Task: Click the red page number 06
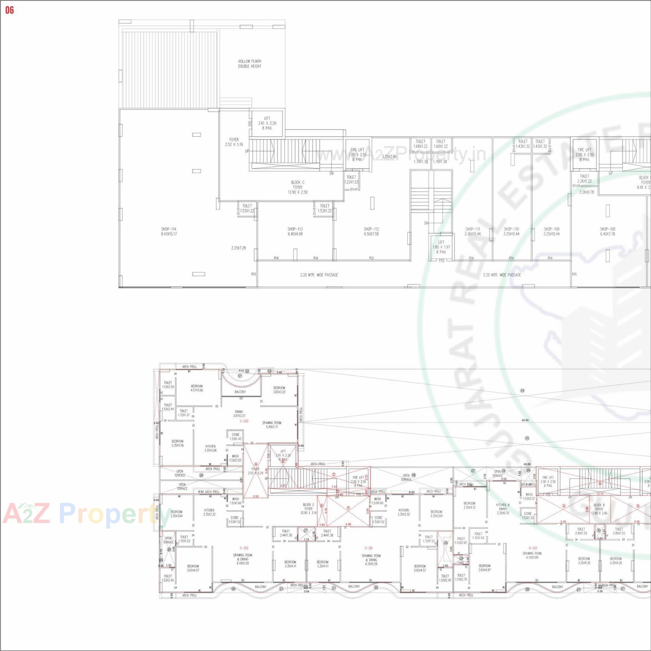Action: [9, 10]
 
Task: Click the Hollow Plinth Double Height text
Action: [250, 64]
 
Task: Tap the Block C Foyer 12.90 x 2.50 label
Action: [298, 187]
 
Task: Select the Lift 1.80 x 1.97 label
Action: [441, 247]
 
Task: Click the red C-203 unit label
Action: [244, 421]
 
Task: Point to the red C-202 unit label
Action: [244, 548]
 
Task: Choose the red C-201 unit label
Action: [369, 548]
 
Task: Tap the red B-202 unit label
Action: [533, 548]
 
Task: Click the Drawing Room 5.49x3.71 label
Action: [272, 425]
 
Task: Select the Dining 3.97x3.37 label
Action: [239, 414]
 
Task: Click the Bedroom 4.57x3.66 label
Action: [197, 388]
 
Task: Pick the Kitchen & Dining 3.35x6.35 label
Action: [503, 509]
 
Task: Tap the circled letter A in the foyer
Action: [256, 465]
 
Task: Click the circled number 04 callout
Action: [522, 391]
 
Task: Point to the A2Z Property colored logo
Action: [85, 513]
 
